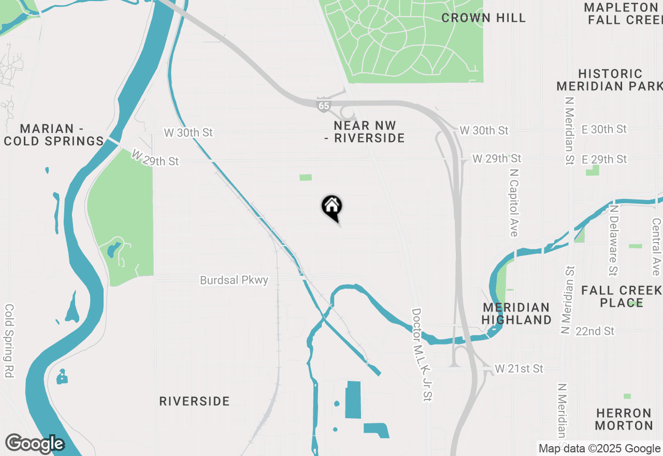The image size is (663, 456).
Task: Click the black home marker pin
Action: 332,208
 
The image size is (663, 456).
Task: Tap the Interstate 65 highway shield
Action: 324,105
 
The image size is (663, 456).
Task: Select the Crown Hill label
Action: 483,18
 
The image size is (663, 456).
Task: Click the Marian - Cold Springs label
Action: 54,135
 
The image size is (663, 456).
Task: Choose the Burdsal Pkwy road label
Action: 234,280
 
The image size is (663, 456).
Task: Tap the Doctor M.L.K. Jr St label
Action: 422,354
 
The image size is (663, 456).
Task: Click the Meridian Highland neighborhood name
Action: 516,314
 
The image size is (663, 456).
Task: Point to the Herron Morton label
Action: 624,419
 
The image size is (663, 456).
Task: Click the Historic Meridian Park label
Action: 610,80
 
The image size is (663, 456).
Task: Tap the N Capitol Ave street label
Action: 513,202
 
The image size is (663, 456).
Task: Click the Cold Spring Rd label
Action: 9,340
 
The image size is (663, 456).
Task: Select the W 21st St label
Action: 519,368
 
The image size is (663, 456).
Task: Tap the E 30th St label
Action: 604,129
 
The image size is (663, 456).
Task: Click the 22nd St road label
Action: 595,331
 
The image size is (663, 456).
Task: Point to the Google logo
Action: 35,444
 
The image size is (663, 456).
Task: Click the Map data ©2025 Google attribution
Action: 599,449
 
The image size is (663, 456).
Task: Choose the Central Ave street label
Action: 656,246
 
